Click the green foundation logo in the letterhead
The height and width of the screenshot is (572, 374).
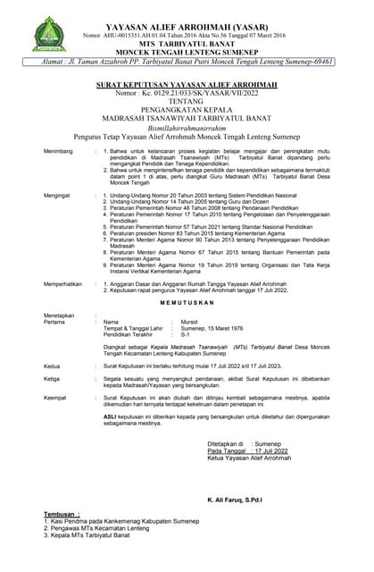point(48,33)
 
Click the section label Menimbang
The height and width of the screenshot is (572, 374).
point(58,152)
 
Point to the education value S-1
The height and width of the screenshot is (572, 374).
point(186,336)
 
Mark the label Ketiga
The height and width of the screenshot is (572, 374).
point(53,379)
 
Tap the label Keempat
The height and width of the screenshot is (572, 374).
point(55,397)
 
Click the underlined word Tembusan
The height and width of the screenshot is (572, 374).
point(61,515)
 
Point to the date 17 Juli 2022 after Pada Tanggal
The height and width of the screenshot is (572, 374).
point(269,451)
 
